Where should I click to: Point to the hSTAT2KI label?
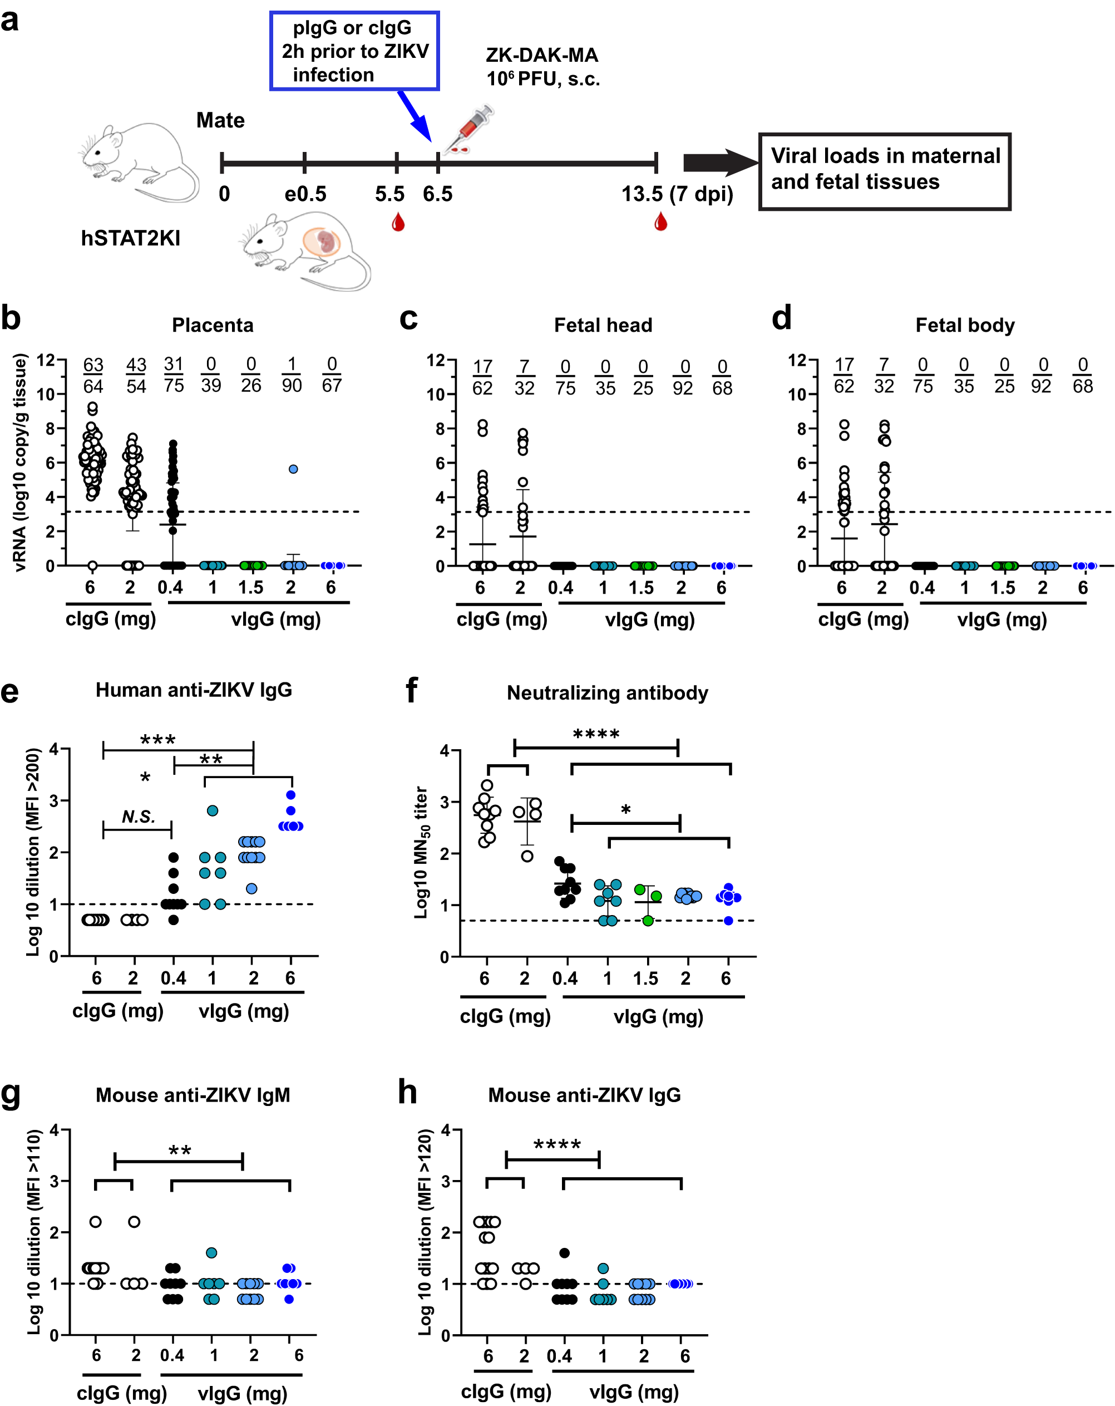tap(130, 239)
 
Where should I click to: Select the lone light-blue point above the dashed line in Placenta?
tap(293, 469)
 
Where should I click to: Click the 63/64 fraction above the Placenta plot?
tap(93, 376)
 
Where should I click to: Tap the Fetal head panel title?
tap(603, 325)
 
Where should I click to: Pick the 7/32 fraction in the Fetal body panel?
tap(884, 376)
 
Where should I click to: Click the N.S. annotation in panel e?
tap(138, 817)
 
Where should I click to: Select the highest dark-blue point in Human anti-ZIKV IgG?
tap(291, 794)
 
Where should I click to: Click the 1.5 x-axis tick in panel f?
tap(645, 978)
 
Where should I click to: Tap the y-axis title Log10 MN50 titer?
tap(421, 852)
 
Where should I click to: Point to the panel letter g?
tap(11, 1094)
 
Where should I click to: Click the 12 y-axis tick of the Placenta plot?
tap(45, 360)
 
